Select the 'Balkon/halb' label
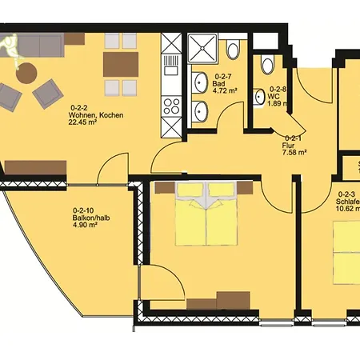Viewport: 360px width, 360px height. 84,217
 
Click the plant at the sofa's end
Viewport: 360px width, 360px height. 10,48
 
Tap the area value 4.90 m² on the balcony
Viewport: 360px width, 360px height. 84,226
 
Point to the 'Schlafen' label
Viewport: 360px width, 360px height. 348,203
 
